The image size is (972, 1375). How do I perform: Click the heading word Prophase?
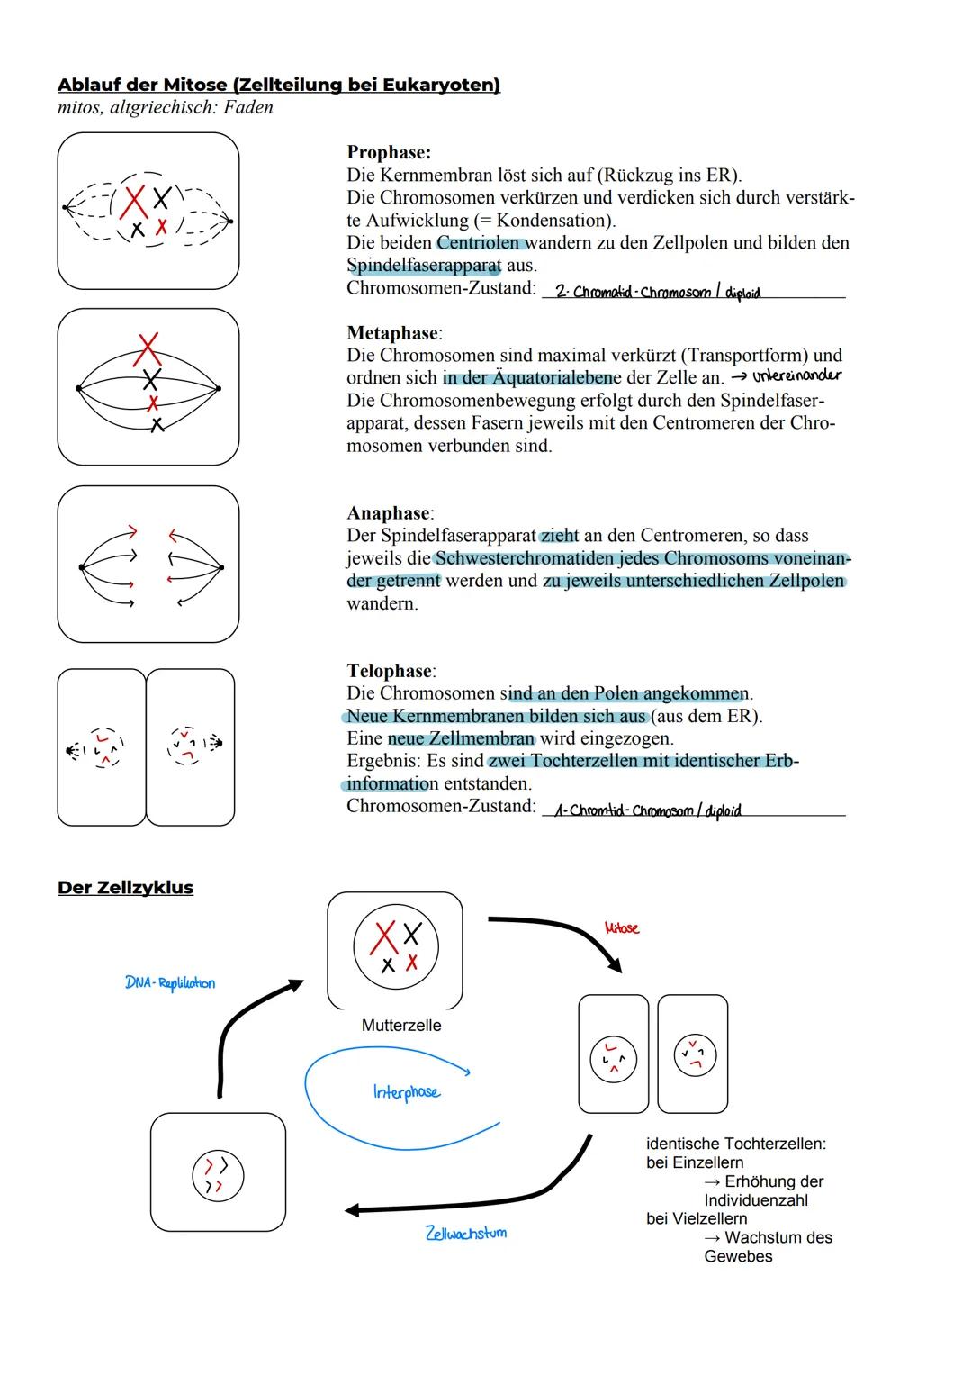point(389,153)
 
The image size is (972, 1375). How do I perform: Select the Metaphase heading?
point(393,333)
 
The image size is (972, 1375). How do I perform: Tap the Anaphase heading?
point(390,513)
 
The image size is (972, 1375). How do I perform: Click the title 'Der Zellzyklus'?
point(125,888)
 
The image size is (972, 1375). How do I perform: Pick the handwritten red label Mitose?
point(622,927)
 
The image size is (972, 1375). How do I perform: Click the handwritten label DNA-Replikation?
point(170,983)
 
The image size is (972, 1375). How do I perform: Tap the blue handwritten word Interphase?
point(407,1092)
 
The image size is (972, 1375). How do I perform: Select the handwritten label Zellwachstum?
point(465,1233)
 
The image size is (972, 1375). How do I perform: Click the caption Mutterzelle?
point(401,1026)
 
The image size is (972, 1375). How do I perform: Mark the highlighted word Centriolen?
point(480,243)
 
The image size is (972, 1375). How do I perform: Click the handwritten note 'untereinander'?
point(796,375)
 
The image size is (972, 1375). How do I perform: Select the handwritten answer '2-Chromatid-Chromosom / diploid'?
point(657,292)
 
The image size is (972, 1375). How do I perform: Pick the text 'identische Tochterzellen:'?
point(736,1144)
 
